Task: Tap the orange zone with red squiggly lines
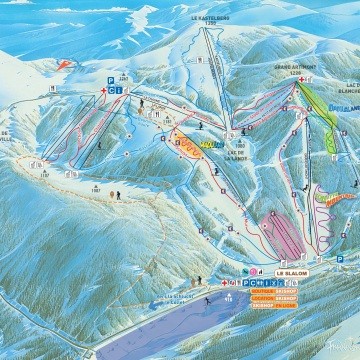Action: point(187,145)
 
